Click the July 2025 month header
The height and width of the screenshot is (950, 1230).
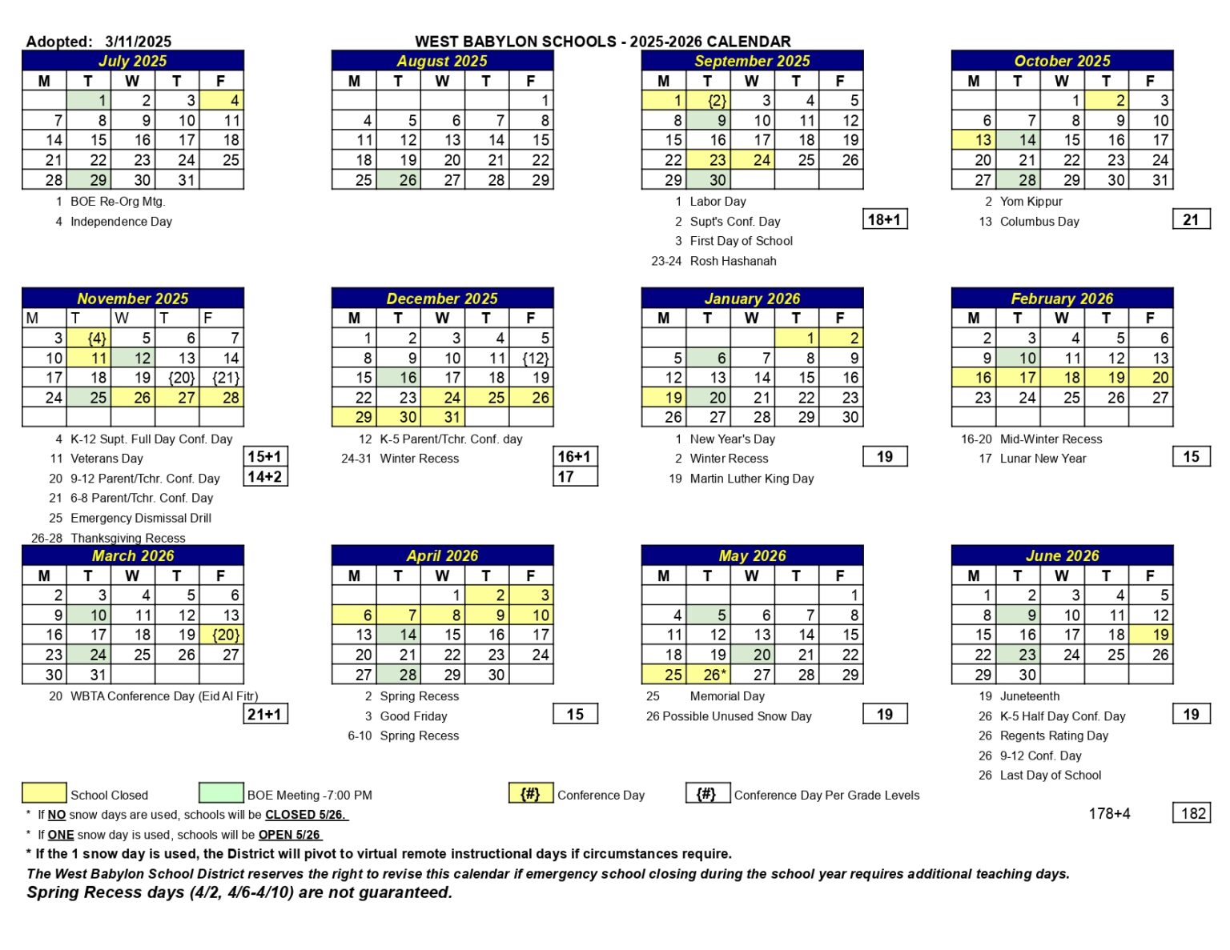[x=133, y=61]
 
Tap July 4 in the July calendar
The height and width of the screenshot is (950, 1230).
[x=222, y=101]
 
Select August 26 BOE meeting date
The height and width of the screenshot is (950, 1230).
[x=398, y=180]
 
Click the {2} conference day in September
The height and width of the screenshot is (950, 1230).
[x=707, y=101]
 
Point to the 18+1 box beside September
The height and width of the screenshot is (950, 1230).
[x=885, y=219]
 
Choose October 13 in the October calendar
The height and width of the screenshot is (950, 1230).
[x=973, y=140]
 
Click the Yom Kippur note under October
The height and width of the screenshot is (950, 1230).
[x=1031, y=202]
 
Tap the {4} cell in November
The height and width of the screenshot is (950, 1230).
[x=88, y=339]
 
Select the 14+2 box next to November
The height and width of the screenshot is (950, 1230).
[x=265, y=477]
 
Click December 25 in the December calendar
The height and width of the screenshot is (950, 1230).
[x=486, y=398]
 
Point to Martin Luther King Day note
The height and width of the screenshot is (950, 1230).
[x=751, y=479]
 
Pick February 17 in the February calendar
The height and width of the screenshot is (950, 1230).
[x=1017, y=378]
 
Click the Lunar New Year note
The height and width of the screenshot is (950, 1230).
[x=1043, y=459]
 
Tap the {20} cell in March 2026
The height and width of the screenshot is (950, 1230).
[x=222, y=635]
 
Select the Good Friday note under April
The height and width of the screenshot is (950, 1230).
[x=413, y=716]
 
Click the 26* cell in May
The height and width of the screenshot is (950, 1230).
[x=707, y=675]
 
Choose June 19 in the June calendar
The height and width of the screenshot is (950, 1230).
[x=1150, y=635]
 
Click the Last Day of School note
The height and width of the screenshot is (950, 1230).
[x=1050, y=775]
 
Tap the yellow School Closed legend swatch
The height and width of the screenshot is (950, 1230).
[x=44, y=793]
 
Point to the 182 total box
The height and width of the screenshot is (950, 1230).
[x=1192, y=813]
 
